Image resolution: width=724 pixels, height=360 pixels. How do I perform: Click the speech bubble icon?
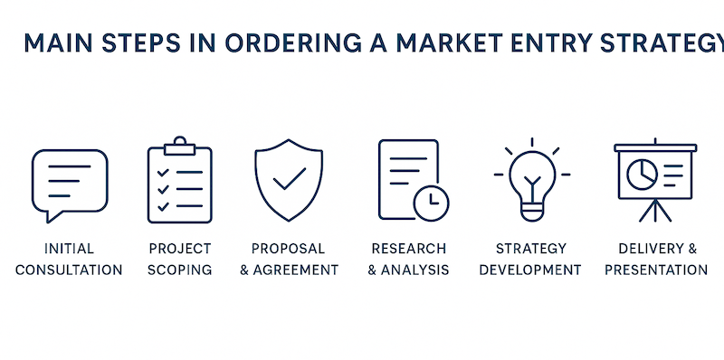[x=69, y=184]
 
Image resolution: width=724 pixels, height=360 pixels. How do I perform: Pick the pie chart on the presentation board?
[x=643, y=173]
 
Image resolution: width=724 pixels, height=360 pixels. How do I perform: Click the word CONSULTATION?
[x=69, y=270]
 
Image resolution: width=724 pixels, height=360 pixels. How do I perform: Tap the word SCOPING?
[x=180, y=270]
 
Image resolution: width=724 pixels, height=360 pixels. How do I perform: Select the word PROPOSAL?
[x=289, y=248]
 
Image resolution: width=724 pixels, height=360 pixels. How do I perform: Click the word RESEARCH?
[x=409, y=248]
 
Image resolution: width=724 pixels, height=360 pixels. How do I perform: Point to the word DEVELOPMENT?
[x=530, y=270]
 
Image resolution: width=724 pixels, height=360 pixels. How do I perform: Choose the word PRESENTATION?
[x=656, y=270]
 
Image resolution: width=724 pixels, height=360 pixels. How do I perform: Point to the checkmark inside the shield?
[x=290, y=178]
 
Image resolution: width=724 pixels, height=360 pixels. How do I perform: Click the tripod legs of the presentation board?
[x=656, y=212]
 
